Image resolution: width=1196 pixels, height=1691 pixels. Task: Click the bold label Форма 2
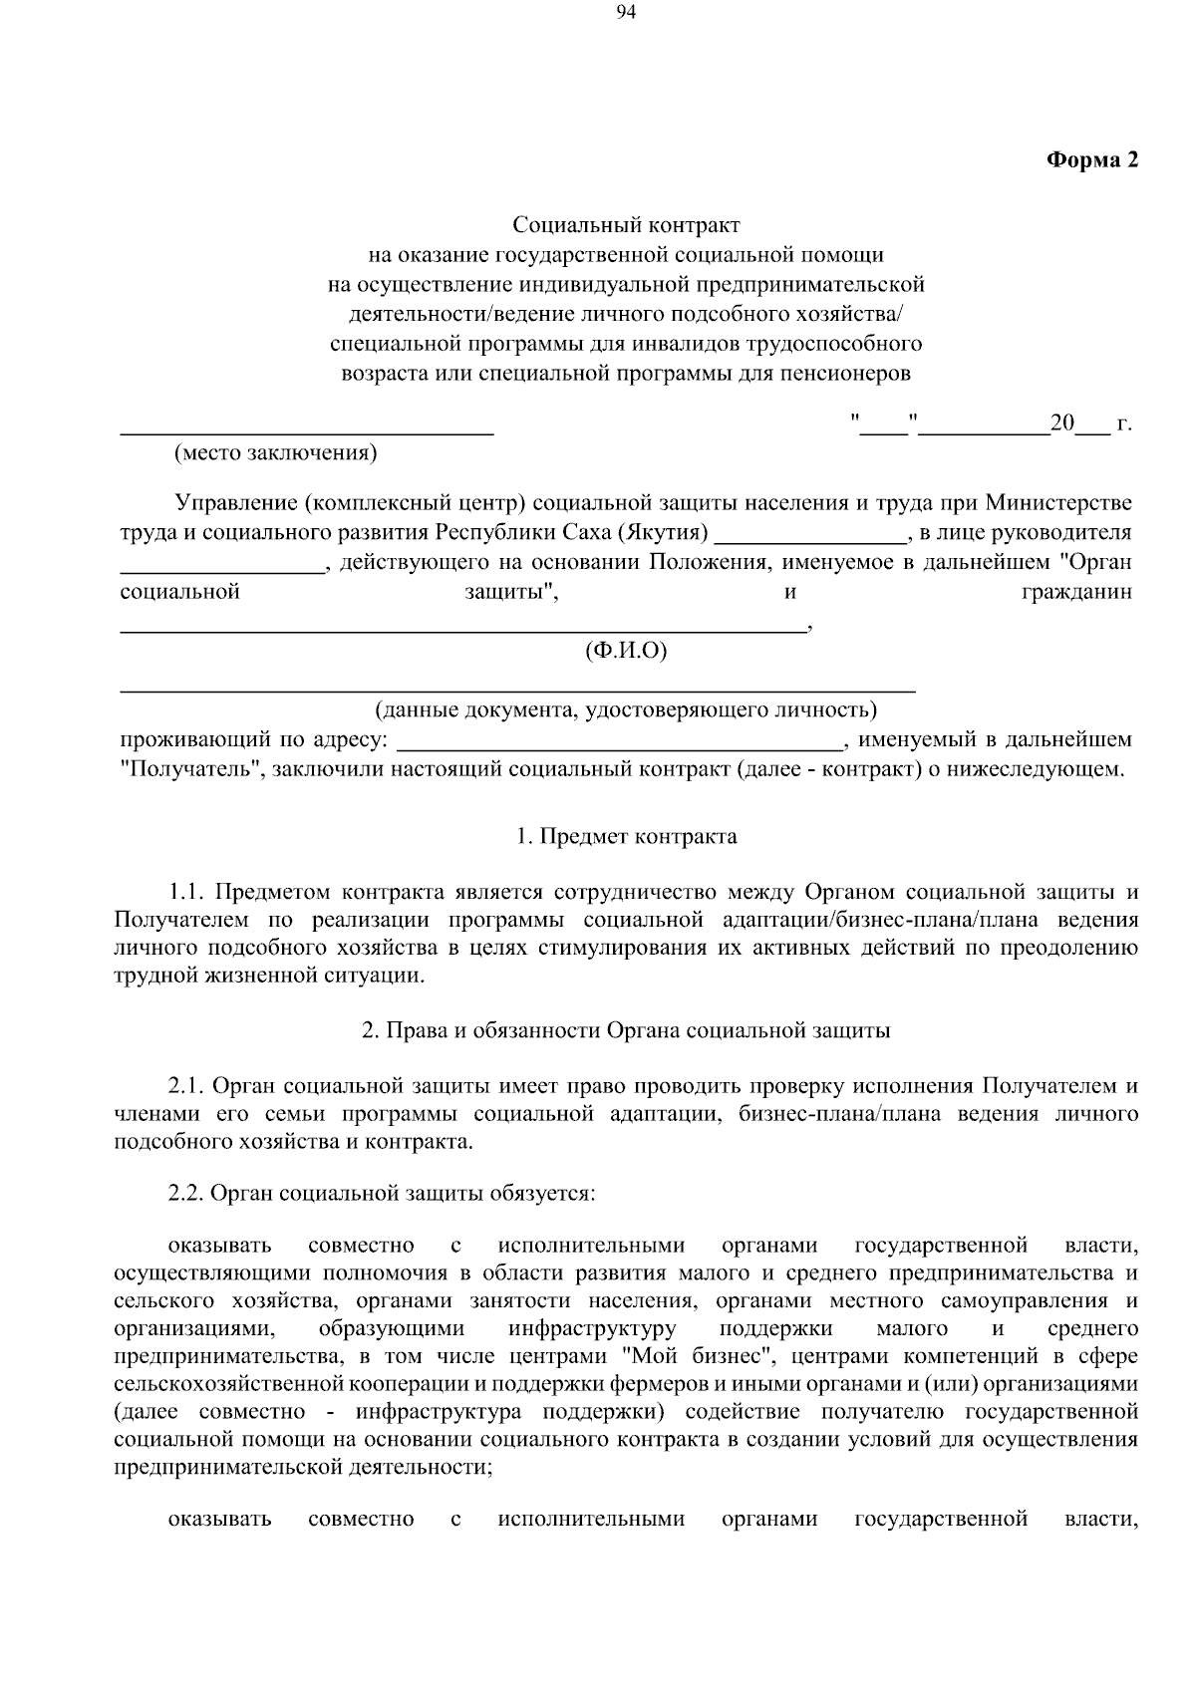1090,160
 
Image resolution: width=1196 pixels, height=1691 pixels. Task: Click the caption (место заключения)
275,453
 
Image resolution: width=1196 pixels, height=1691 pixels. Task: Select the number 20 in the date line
1061,423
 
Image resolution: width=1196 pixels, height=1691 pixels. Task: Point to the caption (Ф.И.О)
626,651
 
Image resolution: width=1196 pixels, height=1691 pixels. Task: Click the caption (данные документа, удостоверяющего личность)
626,709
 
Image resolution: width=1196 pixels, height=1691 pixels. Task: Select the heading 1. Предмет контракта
626,836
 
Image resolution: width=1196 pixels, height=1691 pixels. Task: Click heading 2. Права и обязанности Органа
626,1031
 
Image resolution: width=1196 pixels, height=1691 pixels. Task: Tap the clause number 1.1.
186,890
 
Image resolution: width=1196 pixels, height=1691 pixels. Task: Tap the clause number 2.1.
186,1085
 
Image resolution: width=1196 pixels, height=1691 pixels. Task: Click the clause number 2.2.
186,1193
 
